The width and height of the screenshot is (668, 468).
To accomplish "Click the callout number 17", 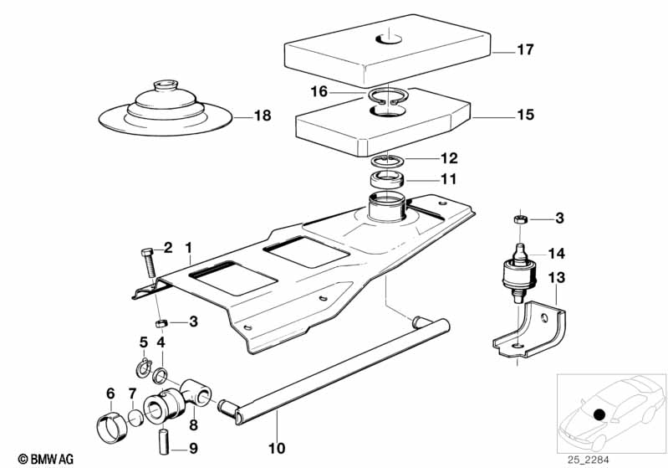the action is (x=525, y=49).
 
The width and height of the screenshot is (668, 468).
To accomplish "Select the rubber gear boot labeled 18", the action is (x=166, y=110).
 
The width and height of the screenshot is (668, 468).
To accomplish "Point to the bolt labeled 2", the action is (x=148, y=262).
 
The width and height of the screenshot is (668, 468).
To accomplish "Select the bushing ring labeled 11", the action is (x=387, y=178).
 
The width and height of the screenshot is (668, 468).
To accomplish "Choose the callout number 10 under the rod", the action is (x=277, y=449).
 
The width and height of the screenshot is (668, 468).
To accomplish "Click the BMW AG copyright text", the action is (x=46, y=459).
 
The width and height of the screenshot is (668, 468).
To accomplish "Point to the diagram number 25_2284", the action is (x=588, y=460).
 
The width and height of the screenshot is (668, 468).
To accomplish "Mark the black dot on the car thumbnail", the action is (x=599, y=414).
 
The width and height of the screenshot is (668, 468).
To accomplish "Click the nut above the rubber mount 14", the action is (x=520, y=219).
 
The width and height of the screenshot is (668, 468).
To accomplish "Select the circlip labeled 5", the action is (x=145, y=368).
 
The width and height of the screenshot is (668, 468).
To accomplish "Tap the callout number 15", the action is (x=525, y=115).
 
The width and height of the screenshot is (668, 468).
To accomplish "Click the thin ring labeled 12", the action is (x=386, y=161).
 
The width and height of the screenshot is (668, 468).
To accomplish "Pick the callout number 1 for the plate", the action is (x=188, y=248).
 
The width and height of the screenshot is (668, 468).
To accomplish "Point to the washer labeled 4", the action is (x=161, y=376).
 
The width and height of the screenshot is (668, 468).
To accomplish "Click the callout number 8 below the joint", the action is (x=193, y=424).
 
